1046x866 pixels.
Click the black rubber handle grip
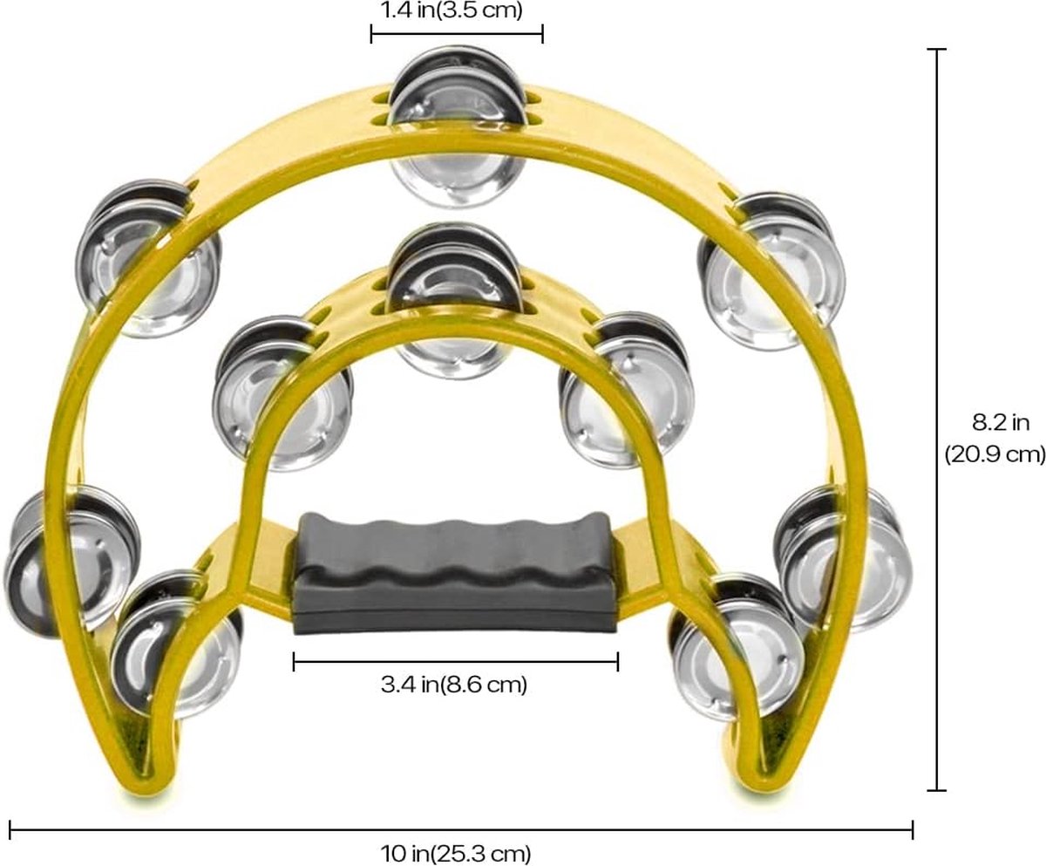coord(455,573)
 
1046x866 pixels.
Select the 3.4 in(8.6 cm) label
coord(454,685)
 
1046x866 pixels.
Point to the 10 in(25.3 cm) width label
coord(455,853)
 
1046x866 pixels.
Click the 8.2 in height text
coord(1001,423)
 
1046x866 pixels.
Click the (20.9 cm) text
coord(995,455)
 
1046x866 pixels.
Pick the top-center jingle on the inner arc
coord(455,301)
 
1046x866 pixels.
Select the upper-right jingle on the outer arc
coord(771,270)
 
